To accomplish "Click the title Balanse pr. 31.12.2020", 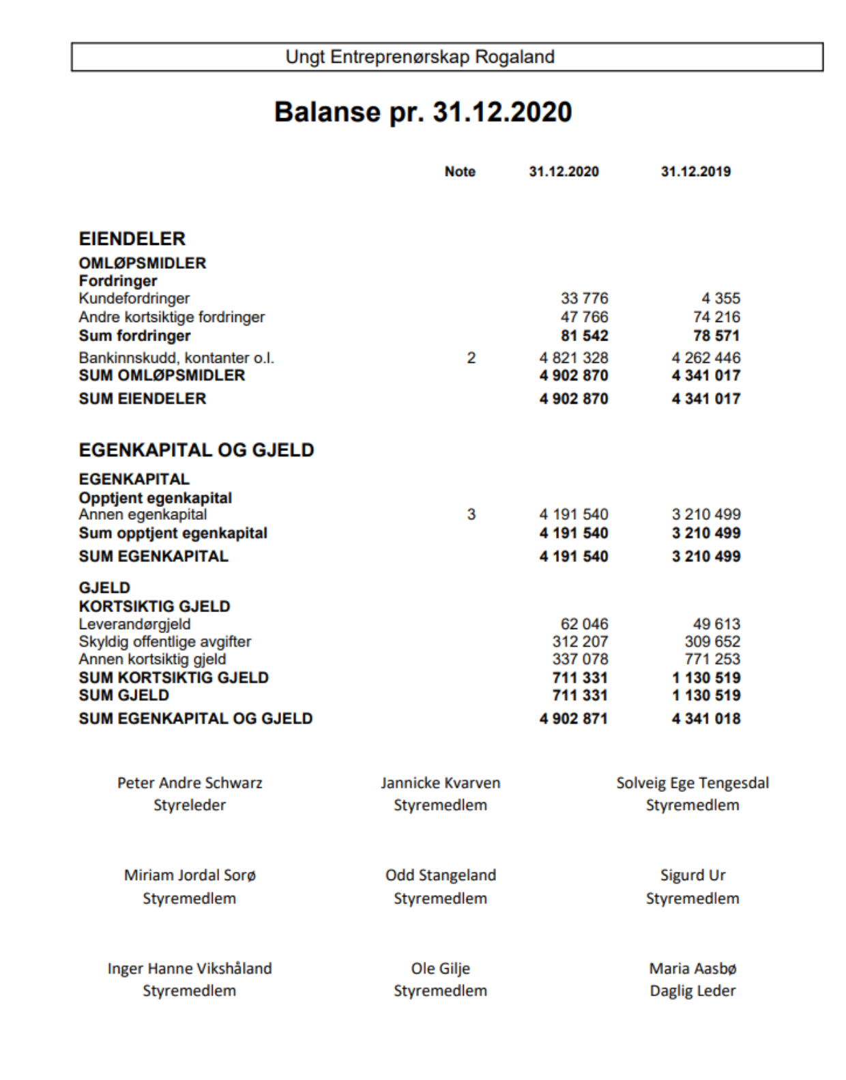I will (422, 113).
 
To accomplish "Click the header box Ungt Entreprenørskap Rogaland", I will (447, 57).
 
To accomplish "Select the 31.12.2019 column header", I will (695, 172).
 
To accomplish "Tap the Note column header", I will (460, 172).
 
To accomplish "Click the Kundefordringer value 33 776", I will (584, 299).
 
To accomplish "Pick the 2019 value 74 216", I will (716, 317).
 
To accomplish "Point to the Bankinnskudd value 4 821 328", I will (573, 358).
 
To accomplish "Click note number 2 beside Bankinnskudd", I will (471, 358).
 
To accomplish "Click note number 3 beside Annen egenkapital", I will (471, 515).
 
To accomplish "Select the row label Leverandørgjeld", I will (134, 624).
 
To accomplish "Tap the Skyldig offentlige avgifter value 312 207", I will (580, 642).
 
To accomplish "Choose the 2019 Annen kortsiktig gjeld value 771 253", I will (712, 660).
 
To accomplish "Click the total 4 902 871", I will (573, 719).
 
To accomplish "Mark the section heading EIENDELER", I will (132, 239).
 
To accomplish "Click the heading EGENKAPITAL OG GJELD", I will (196, 450).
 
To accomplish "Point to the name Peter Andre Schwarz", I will (190, 783).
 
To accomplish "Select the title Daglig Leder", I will (692, 991).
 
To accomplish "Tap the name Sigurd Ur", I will (692, 875).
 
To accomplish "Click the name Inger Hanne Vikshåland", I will (190, 969).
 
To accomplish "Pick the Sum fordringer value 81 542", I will (584, 336).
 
